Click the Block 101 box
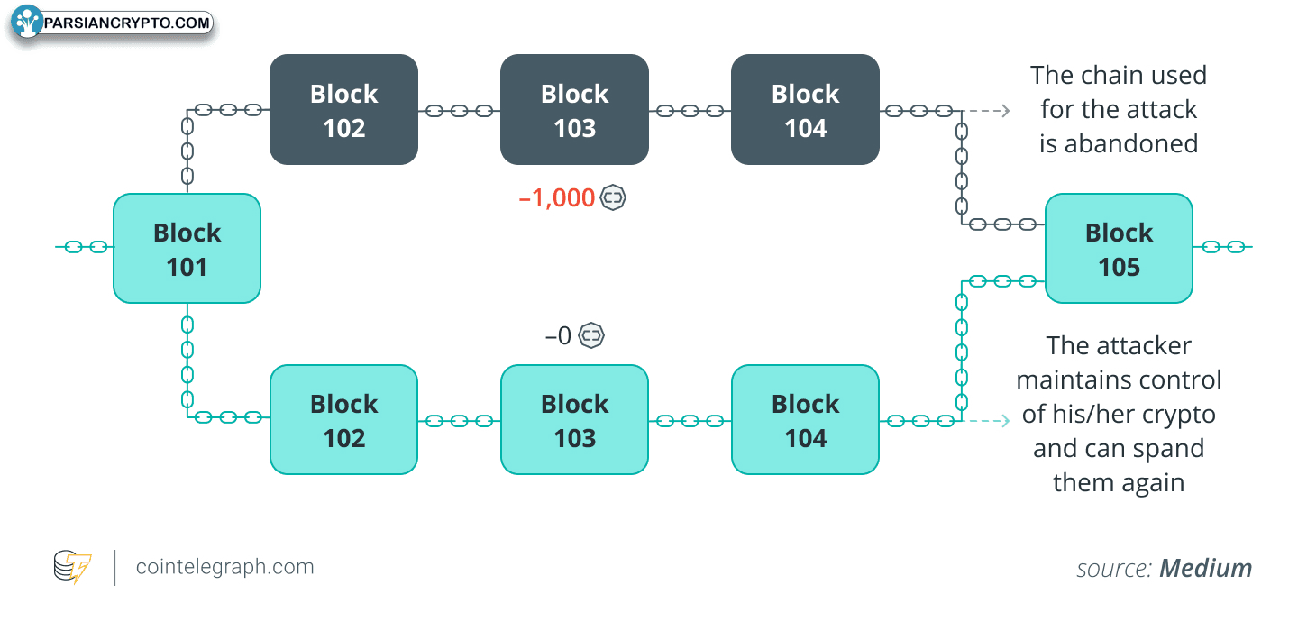click(x=187, y=249)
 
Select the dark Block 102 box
click(x=343, y=110)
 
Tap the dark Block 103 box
click(x=574, y=110)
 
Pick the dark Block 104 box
click(x=805, y=110)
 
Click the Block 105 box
click(x=1119, y=249)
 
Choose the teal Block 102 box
click(x=343, y=420)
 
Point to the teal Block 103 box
click(x=574, y=420)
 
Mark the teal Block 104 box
click(x=805, y=420)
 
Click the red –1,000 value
click(x=557, y=198)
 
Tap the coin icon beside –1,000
click(x=613, y=197)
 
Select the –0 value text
click(x=558, y=336)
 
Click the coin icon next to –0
click(x=591, y=335)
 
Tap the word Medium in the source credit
click(x=1205, y=568)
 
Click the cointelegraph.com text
click(x=224, y=566)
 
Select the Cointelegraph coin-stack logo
click(x=72, y=566)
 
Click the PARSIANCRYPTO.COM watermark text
click(x=126, y=23)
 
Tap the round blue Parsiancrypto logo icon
click(x=27, y=22)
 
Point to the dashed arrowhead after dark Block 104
click(x=1005, y=110)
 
